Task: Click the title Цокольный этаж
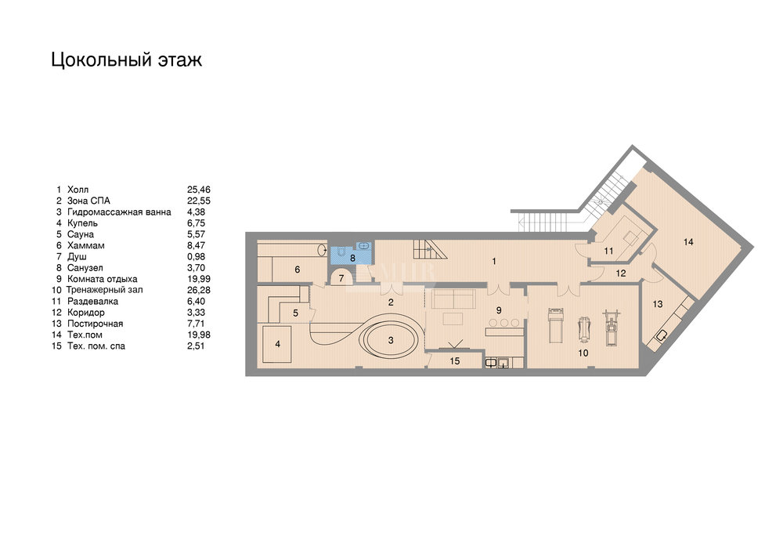[x=126, y=60]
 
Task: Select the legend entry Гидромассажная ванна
[x=119, y=212]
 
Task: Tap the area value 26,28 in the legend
[x=199, y=290]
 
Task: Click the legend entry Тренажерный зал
[x=104, y=290]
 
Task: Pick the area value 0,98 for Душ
[x=196, y=256]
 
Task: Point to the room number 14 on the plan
[x=688, y=242]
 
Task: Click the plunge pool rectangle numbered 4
[x=278, y=344]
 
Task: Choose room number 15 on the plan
[x=455, y=361]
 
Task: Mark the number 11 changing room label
[x=608, y=252]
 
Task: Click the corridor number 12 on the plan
[x=621, y=273]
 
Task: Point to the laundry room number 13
[x=658, y=304]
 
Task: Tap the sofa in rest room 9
[x=453, y=299]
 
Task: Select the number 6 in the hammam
[x=297, y=270]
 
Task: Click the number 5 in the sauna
[x=296, y=313]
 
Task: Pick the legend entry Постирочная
[x=95, y=324]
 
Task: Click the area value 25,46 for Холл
[x=199, y=190]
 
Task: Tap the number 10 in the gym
[x=583, y=353]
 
